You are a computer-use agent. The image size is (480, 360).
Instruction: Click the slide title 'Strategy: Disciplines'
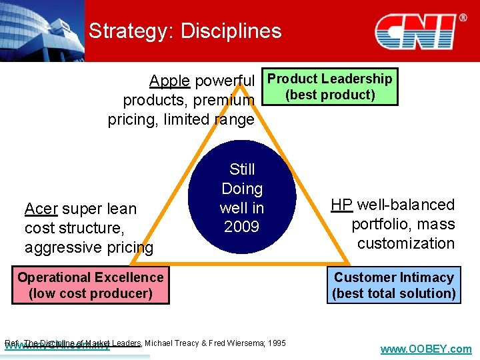(185, 31)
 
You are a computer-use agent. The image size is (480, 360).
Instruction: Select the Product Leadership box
(329, 87)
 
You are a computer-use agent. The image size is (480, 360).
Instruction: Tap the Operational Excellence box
(90, 285)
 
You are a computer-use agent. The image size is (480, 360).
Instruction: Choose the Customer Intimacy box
(393, 285)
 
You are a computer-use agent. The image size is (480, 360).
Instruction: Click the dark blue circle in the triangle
(242, 198)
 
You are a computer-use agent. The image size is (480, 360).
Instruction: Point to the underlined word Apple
(169, 81)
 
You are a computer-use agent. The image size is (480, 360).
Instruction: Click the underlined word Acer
(41, 209)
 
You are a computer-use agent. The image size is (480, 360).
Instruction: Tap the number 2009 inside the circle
(241, 227)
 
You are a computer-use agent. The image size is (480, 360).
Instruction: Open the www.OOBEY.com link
(425, 349)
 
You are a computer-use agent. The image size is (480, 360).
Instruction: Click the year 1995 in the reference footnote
(275, 343)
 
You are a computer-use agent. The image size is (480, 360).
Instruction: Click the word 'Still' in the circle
(242, 169)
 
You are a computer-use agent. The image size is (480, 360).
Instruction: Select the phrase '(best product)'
(330, 95)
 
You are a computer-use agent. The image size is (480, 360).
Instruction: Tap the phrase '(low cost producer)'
(90, 293)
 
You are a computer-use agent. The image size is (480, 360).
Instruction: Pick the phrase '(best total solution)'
(393, 293)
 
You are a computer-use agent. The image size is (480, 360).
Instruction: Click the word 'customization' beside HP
(405, 243)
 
